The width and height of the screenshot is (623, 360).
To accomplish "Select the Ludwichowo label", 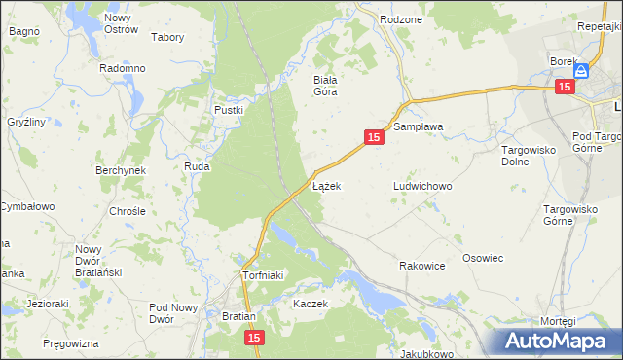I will pos(423,185).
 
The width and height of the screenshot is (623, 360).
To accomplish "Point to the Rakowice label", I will pos(422,265).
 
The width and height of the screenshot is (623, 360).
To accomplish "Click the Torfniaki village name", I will pos(262,275).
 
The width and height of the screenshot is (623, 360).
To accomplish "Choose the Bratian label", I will pos(238,317).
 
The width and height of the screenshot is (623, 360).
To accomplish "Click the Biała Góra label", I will pos(324,86).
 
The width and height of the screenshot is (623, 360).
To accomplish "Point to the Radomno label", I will pos(123,68).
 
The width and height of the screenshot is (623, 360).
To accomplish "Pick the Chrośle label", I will pos(128,210).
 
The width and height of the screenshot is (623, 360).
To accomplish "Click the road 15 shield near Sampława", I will pos(375,138).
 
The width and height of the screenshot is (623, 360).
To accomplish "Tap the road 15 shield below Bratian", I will pos(253,337).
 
